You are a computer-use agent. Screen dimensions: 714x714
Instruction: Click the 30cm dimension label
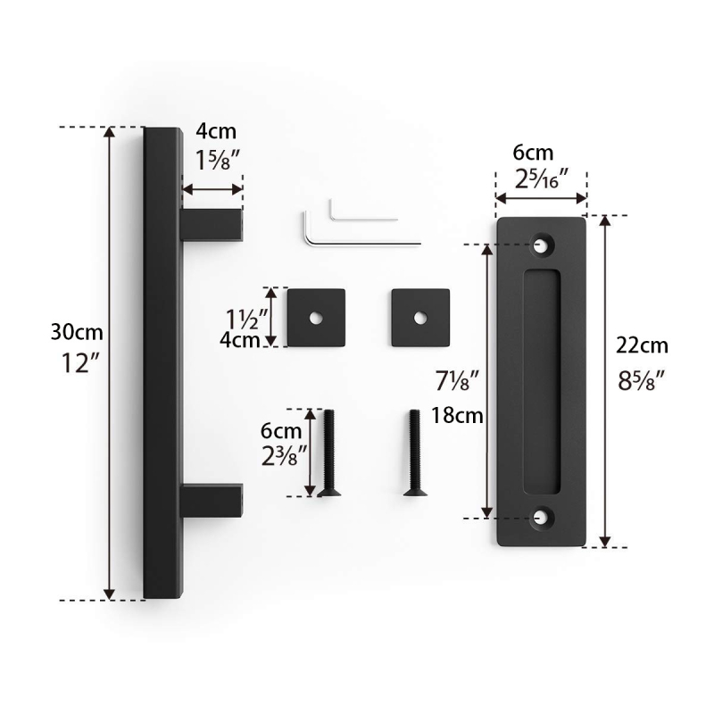(x=77, y=332)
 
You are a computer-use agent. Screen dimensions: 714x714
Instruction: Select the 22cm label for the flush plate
(x=642, y=345)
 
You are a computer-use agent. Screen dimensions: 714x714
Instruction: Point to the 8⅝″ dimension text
(x=641, y=380)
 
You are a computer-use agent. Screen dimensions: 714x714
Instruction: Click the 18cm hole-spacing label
(x=457, y=415)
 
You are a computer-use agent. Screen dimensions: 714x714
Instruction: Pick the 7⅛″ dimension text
(x=457, y=381)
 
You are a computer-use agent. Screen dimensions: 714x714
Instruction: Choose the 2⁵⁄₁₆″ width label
(x=542, y=178)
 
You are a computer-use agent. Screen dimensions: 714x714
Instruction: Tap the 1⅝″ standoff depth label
(x=217, y=160)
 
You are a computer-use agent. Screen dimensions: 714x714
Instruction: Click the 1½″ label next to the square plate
(x=247, y=319)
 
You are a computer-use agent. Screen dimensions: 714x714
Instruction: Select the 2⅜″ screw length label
(x=285, y=455)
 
